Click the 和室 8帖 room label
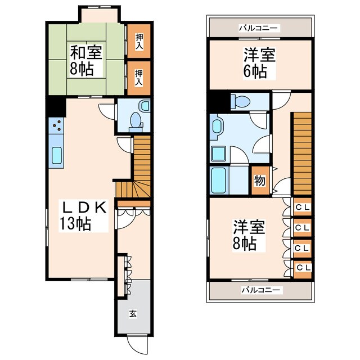(86, 60)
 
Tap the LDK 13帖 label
(83, 215)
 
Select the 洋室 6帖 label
(259, 63)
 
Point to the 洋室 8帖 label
(249, 235)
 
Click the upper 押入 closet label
(139, 41)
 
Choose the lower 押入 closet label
(139, 78)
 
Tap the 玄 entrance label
(133, 314)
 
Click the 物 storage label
(260, 181)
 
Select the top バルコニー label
(259, 29)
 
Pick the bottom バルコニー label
(260, 290)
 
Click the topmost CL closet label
(303, 208)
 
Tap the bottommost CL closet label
(304, 268)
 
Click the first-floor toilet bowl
(136, 120)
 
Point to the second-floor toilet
(240, 101)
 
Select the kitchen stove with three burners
(56, 125)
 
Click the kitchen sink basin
(56, 155)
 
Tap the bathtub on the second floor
(218, 180)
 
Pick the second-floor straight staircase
(302, 154)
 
